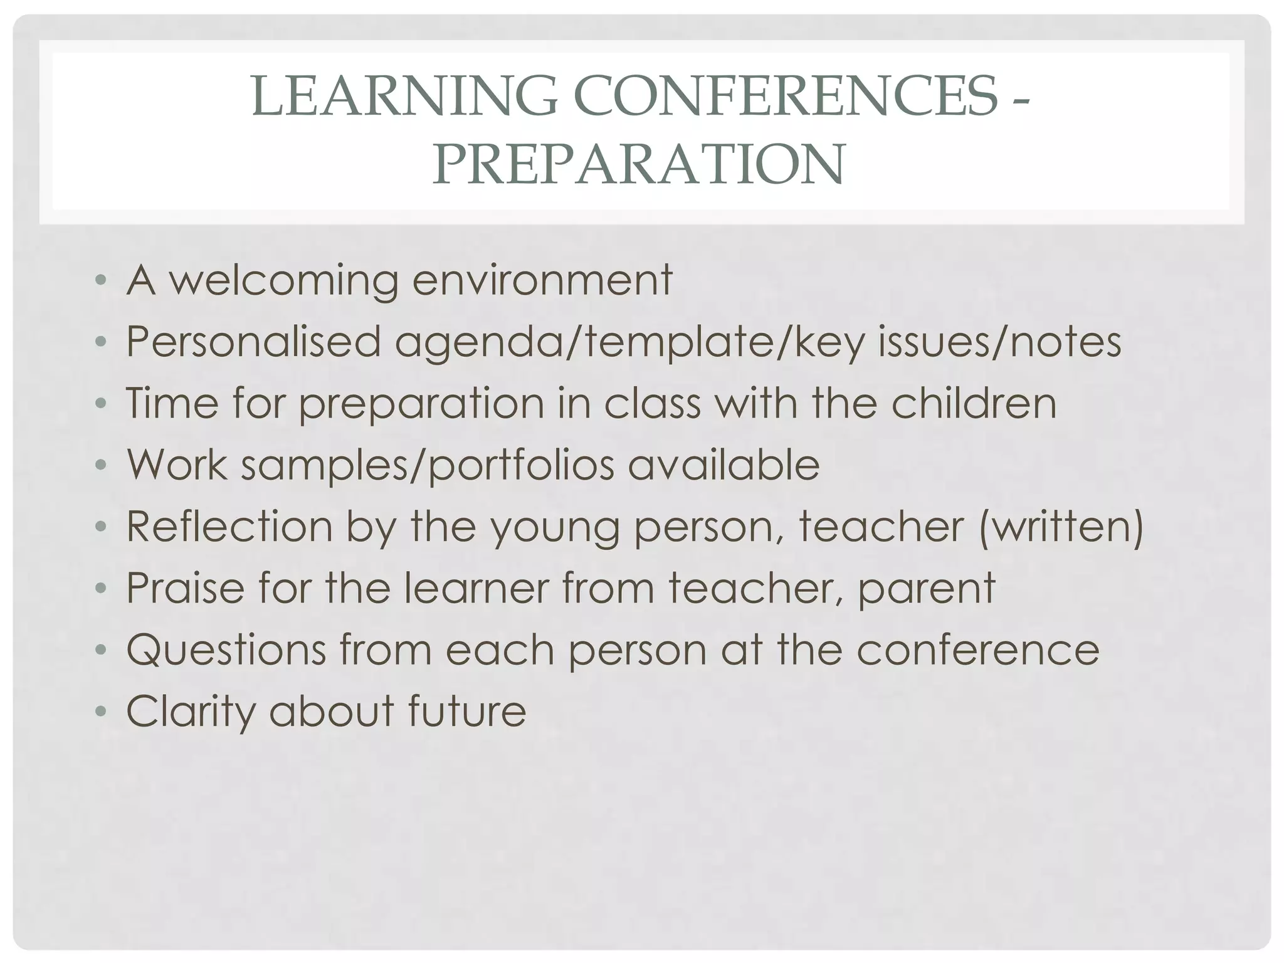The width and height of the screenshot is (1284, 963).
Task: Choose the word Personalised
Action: pyautogui.click(x=253, y=342)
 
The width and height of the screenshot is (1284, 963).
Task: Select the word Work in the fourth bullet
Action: pyautogui.click(x=177, y=465)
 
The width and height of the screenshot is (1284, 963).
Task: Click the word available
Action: pyautogui.click(x=724, y=465)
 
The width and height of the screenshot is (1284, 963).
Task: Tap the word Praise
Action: pyautogui.click(x=185, y=587)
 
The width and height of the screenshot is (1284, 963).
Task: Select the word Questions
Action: pyautogui.click(x=226, y=650)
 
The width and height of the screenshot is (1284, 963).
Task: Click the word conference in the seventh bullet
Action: pyautogui.click(x=977, y=650)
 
